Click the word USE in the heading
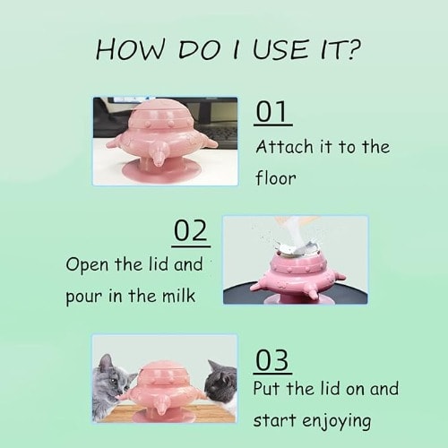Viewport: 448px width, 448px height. (280, 48)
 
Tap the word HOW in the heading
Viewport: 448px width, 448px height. (130, 48)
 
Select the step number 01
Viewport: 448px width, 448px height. (271, 111)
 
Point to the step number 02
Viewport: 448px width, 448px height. (191, 230)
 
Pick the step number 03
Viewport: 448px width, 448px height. (272, 360)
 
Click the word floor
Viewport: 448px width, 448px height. (276, 177)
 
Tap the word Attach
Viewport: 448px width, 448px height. (284, 147)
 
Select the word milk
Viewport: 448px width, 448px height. (178, 295)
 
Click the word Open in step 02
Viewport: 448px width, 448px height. (87, 265)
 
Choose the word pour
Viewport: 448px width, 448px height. (84, 297)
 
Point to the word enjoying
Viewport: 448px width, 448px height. (337, 421)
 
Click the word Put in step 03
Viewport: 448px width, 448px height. (267, 388)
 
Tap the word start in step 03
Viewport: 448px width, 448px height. (275, 420)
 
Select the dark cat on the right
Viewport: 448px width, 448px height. (221, 383)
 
